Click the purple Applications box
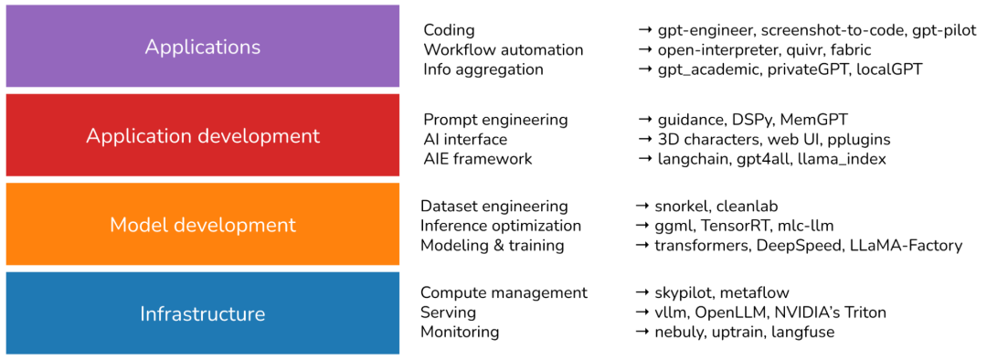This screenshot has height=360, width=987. pos(202,46)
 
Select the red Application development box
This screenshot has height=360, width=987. pos(202,135)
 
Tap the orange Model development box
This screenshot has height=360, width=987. pos(202,224)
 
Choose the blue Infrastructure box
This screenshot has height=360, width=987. pos(202,312)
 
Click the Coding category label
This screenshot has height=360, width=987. pos(449,30)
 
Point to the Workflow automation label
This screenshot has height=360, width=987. pos(504,49)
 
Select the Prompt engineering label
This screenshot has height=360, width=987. pos(496,120)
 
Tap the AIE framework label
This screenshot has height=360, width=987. pos(478,159)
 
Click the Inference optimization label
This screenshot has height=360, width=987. pos(501,226)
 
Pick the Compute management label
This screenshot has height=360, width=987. pos(504,292)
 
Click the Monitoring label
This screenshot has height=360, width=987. pos(460,332)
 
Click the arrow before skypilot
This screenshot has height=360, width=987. pos(642,292)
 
